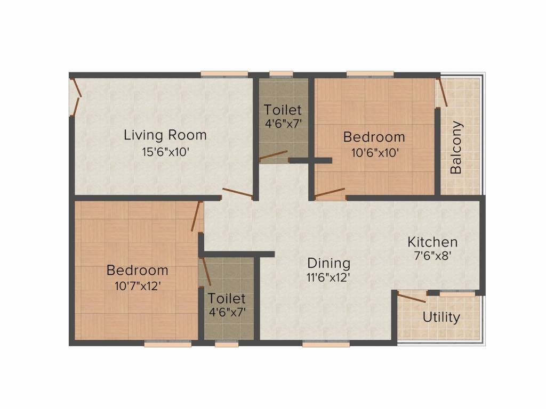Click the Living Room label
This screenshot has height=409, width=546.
(165, 135)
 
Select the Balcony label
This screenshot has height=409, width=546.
(456, 147)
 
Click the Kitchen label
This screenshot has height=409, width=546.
(432, 242)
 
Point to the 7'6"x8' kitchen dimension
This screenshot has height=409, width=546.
(432, 256)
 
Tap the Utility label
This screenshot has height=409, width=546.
(441, 317)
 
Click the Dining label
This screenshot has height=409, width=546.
(328, 263)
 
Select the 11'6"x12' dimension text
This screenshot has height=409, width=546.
(328, 277)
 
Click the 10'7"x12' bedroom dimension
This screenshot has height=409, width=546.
(138, 286)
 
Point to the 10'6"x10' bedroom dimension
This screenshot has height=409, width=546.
(375, 153)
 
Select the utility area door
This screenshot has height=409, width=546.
(411, 298)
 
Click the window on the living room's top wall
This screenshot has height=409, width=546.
(224, 74)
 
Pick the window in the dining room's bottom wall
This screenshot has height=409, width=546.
(326, 344)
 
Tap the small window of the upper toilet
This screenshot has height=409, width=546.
(281, 74)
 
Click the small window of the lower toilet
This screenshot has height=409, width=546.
(227, 344)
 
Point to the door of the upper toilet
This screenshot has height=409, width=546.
(274, 157)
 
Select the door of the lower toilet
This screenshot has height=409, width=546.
(206, 272)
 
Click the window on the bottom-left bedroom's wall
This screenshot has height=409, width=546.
(168, 344)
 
